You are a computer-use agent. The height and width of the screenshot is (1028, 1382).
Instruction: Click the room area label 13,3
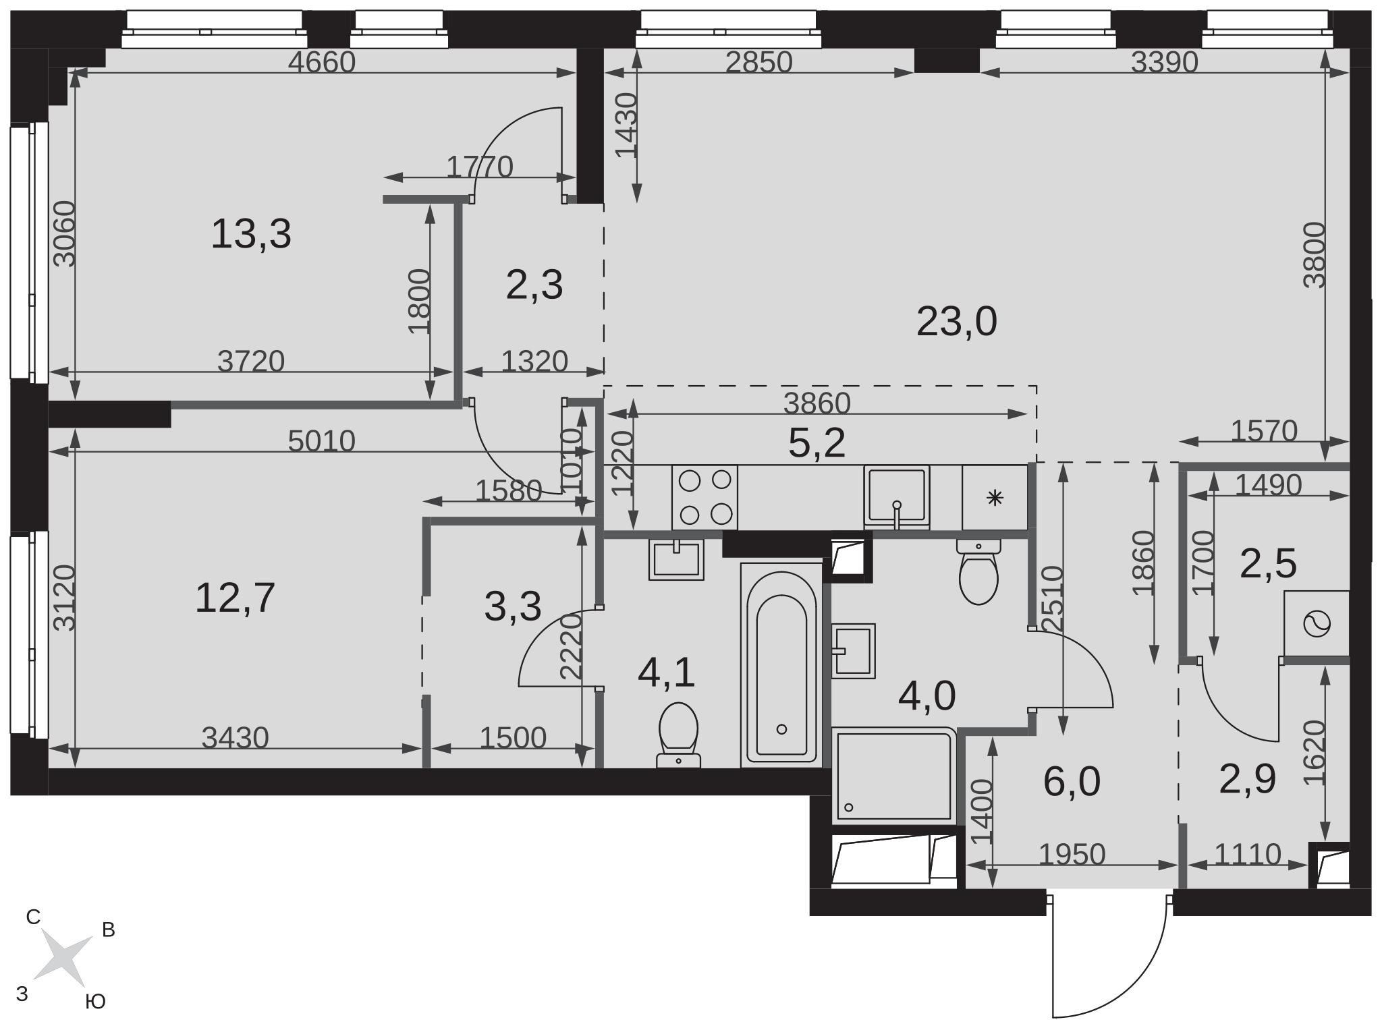tap(251, 234)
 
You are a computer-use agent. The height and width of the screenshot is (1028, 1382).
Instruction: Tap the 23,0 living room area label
tap(956, 321)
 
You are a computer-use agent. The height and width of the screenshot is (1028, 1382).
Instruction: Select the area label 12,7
tap(235, 598)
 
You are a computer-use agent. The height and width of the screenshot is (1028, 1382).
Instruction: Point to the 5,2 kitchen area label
tap(817, 443)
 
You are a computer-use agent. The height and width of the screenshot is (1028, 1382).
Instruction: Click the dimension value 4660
tap(321, 62)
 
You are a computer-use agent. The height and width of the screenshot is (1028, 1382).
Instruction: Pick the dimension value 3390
tap(1164, 62)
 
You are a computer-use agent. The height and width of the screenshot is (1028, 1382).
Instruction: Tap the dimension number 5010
tap(321, 441)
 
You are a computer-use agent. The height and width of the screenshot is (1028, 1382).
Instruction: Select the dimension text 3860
tap(817, 403)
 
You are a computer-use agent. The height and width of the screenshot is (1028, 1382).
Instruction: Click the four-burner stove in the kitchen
tap(704, 498)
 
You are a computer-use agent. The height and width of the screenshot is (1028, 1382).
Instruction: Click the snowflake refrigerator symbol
tap(995, 498)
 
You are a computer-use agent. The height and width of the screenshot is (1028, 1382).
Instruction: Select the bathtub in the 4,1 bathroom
tap(781, 665)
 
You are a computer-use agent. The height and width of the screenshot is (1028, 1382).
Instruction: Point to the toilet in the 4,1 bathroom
tap(678, 735)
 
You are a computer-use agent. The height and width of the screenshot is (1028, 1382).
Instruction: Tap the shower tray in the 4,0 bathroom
tap(894, 776)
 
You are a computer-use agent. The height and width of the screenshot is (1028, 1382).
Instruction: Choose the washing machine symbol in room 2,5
tap(1317, 623)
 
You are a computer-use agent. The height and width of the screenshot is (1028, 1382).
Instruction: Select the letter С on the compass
tap(33, 917)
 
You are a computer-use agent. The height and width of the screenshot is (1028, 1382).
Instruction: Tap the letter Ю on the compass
tap(96, 1002)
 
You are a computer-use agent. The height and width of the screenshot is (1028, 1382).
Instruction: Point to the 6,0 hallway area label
tap(1072, 781)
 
